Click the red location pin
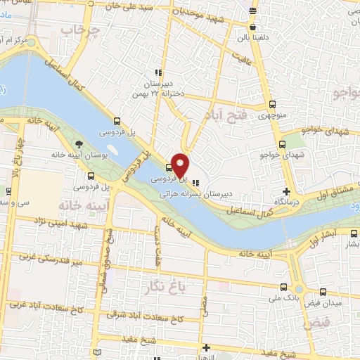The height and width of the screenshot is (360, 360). pyautogui.click(x=180, y=165)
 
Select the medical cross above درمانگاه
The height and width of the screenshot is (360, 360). pyautogui.click(x=285, y=191)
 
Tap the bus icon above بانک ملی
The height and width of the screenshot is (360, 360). pyautogui.click(x=283, y=287)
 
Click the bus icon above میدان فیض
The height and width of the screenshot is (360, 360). pyautogui.click(x=323, y=291)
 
